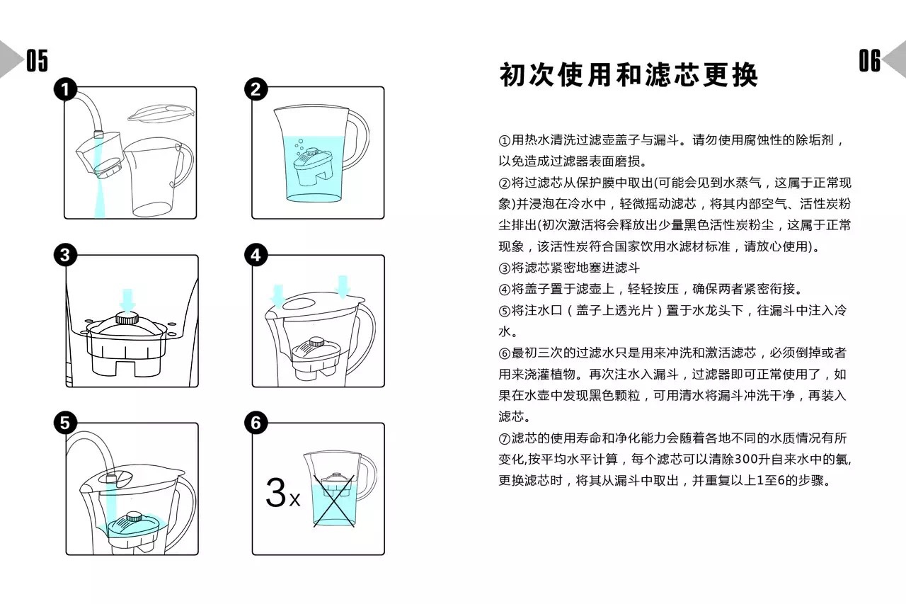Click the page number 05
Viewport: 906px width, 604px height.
38,60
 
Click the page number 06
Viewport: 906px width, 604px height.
870,60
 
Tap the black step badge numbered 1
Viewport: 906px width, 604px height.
66,89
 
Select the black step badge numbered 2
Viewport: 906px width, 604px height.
256,89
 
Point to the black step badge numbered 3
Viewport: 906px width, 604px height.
66,255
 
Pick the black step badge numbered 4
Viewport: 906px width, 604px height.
256,255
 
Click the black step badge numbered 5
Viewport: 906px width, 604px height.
66,423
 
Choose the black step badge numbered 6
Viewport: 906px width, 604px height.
256,423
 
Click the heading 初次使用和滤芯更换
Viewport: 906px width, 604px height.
629,75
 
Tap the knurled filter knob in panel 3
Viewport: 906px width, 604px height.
127,318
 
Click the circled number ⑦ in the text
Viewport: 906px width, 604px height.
505,438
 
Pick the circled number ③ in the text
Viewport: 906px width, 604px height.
505,268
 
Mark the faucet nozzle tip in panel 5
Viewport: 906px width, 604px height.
111,478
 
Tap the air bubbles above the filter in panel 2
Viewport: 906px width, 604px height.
299,147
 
